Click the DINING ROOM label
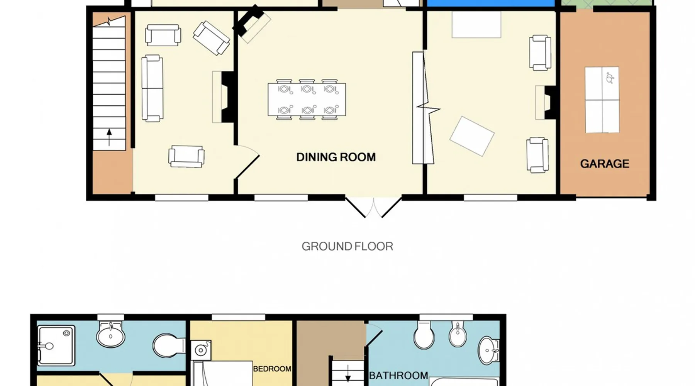(336, 157)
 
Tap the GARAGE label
(605, 164)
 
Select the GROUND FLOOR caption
(347, 246)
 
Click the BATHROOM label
(398, 375)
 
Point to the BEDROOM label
(272, 369)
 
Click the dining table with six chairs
(307, 100)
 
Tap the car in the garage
(602, 100)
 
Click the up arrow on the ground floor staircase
(109, 137)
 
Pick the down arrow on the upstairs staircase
(348, 373)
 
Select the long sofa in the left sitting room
(152, 88)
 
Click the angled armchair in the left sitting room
(212, 38)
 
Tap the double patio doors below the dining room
(373, 207)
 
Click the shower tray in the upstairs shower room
(56, 345)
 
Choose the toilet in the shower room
(169, 345)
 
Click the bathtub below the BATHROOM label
(464, 382)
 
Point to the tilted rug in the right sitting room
(472, 136)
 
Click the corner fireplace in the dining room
(251, 23)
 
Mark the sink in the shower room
(110, 335)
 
